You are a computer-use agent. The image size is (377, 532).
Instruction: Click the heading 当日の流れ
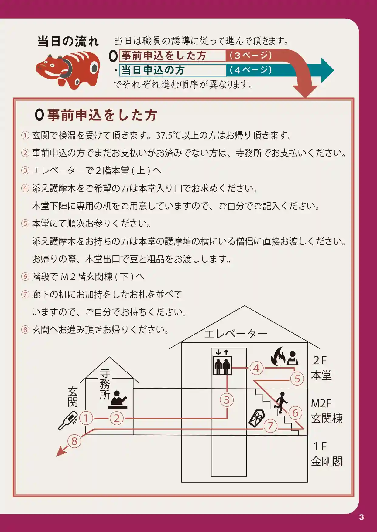click(68, 42)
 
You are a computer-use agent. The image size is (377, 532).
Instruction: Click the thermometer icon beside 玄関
click(67, 421)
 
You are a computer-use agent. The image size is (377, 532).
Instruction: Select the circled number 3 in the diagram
click(227, 400)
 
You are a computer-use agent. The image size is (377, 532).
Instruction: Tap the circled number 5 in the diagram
click(297, 379)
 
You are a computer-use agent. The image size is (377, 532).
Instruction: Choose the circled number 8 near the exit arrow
click(74, 441)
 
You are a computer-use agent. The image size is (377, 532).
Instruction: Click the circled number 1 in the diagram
click(86, 418)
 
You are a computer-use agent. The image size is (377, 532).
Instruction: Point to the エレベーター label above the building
click(236, 334)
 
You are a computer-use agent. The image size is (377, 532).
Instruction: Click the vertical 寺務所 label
click(105, 384)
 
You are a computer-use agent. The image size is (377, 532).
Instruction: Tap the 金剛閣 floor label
click(327, 461)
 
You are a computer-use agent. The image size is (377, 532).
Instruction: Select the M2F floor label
click(321, 403)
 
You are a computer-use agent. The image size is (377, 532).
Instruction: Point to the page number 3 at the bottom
click(361, 517)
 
